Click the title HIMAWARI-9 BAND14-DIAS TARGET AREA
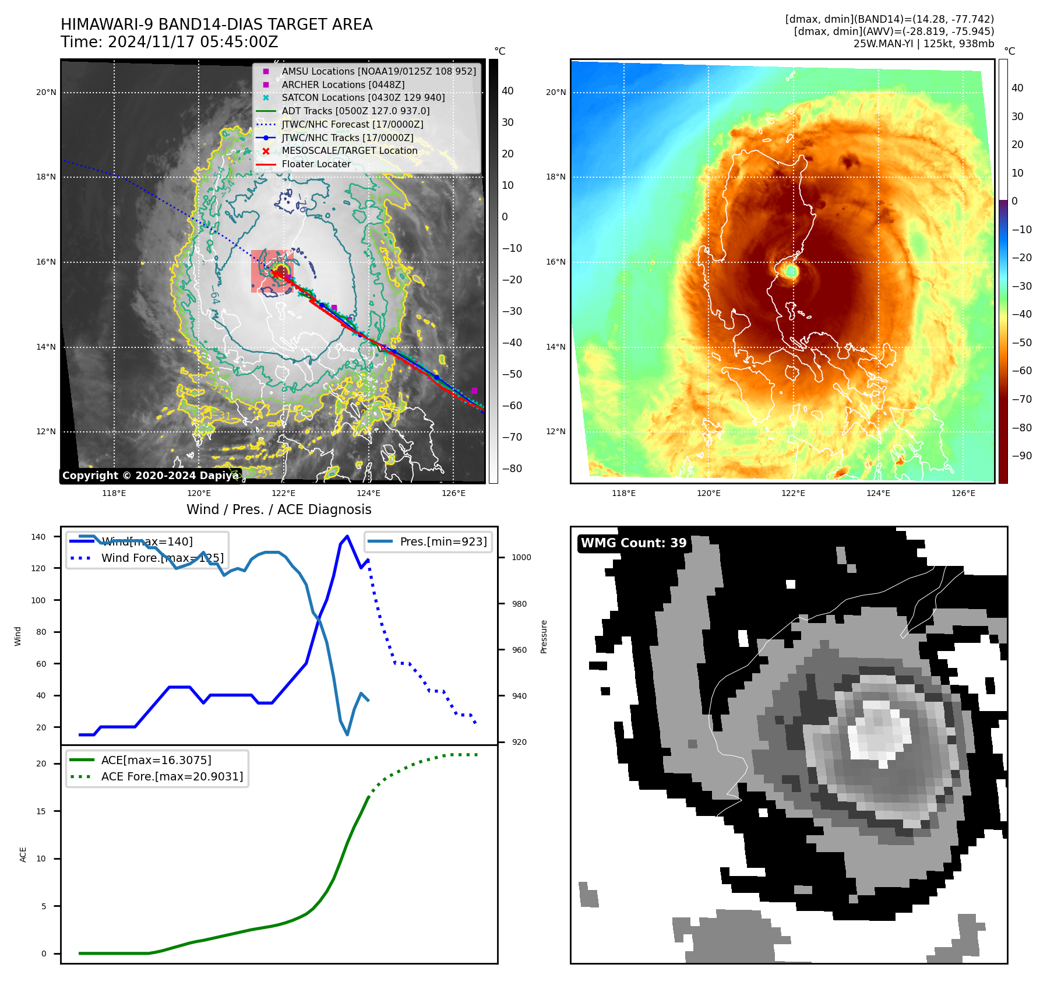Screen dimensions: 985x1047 [x=216, y=24]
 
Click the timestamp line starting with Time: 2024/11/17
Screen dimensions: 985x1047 [x=169, y=42]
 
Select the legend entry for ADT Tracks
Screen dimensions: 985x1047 [x=355, y=111]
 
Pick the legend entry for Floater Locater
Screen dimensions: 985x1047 [x=316, y=164]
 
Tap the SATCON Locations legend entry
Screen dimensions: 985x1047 [x=363, y=97]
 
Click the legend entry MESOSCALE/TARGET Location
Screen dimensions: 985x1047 [x=350, y=150]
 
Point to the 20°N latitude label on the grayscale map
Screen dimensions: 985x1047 [x=46, y=92]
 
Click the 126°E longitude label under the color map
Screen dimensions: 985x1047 [x=963, y=493]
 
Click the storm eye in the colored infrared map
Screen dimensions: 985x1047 [x=791, y=271]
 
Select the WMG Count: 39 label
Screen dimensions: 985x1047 [x=633, y=543]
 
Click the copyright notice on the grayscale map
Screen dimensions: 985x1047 [x=150, y=476]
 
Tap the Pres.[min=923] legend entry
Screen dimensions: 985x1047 [x=443, y=541]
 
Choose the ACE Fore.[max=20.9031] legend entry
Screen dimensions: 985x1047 [x=172, y=776]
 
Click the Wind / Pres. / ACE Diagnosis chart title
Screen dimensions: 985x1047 [x=279, y=509]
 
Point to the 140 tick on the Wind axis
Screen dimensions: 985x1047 [x=38, y=537]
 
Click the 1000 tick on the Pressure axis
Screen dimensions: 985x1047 [x=521, y=557]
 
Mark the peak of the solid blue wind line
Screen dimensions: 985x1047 [x=347, y=536]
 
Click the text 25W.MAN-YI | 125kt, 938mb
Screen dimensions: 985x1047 [x=923, y=44]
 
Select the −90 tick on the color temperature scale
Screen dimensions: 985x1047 [x=1021, y=456]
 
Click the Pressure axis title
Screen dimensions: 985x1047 [x=544, y=636]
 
